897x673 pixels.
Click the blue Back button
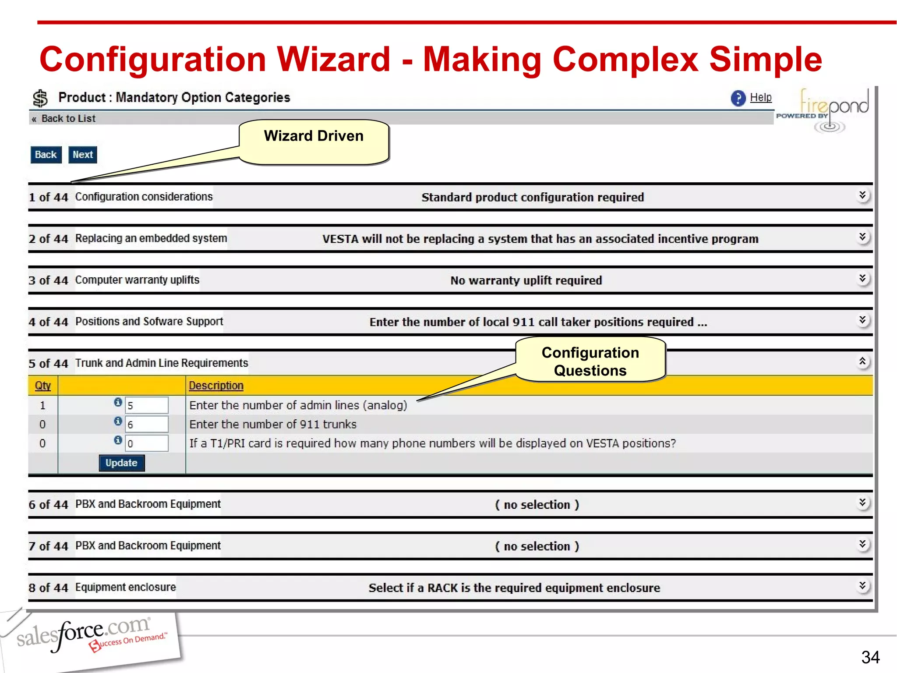point(46,155)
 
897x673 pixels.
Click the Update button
point(121,463)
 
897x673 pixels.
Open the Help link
point(760,97)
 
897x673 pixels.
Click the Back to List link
point(68,118)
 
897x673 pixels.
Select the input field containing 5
point(146,405)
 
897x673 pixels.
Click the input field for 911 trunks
point(146,424)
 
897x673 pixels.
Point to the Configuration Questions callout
point(590,361)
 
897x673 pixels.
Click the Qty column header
point(42,386)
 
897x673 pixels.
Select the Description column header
point(216,386)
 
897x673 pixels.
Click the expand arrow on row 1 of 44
point(862,195)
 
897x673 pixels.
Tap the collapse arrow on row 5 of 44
point(862,361)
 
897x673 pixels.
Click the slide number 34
point(870,657)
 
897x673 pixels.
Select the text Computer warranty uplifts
point(137,280)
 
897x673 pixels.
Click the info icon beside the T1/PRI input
point(118,440)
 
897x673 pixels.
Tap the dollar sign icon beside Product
point(40,98)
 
